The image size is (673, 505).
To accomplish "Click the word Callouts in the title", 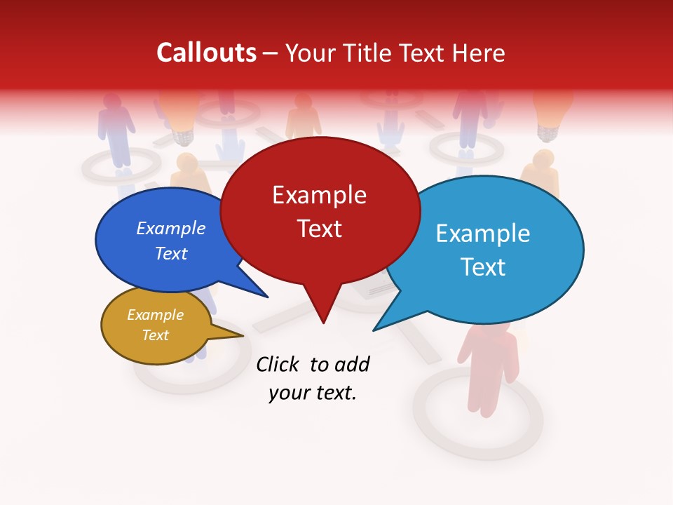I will click(206, 53).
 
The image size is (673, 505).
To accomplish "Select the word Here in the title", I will click(477, 53).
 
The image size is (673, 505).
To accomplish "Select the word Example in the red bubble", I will click(319, 195).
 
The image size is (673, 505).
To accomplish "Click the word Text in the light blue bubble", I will click(484, 267).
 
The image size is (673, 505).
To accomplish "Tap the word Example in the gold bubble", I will click(155, 315).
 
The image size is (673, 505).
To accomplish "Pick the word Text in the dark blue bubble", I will click(171, 253).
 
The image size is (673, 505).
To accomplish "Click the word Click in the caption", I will click(278, 364).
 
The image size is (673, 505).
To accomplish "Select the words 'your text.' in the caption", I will click(312, 393).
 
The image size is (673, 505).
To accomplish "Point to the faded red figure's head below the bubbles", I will click(485, 336).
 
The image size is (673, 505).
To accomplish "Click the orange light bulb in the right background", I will click(553, 112).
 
